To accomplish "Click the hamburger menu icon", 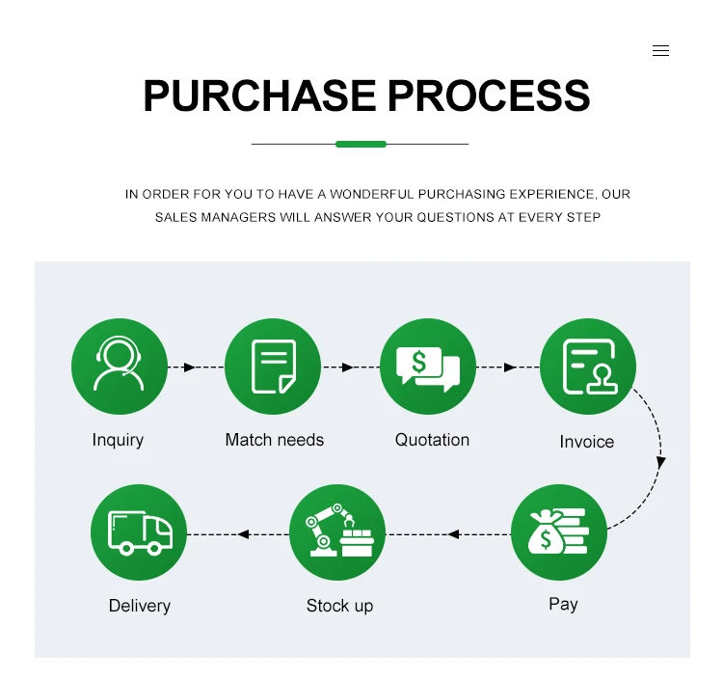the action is [660, 51].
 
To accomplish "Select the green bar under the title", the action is [361, 144].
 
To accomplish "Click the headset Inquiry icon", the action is [120, 367].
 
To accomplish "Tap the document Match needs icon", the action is [273, 367].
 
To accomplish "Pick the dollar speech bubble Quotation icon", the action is [428, 367].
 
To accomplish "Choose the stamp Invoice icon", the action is [587, 367].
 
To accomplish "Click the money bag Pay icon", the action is [558, 531].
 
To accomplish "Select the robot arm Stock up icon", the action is [337, 532].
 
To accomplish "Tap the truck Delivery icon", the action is [139, 532].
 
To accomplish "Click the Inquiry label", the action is [118, 440].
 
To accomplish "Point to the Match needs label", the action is [274, 440].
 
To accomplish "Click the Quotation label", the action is [432, 440].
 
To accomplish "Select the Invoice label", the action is [586, 442].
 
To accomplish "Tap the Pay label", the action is [563, 604].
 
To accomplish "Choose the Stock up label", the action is [339, 606].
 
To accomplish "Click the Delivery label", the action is [139, 606].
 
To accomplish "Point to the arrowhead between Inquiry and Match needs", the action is [190, 367].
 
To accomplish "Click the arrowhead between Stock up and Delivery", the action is [244, 533].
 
